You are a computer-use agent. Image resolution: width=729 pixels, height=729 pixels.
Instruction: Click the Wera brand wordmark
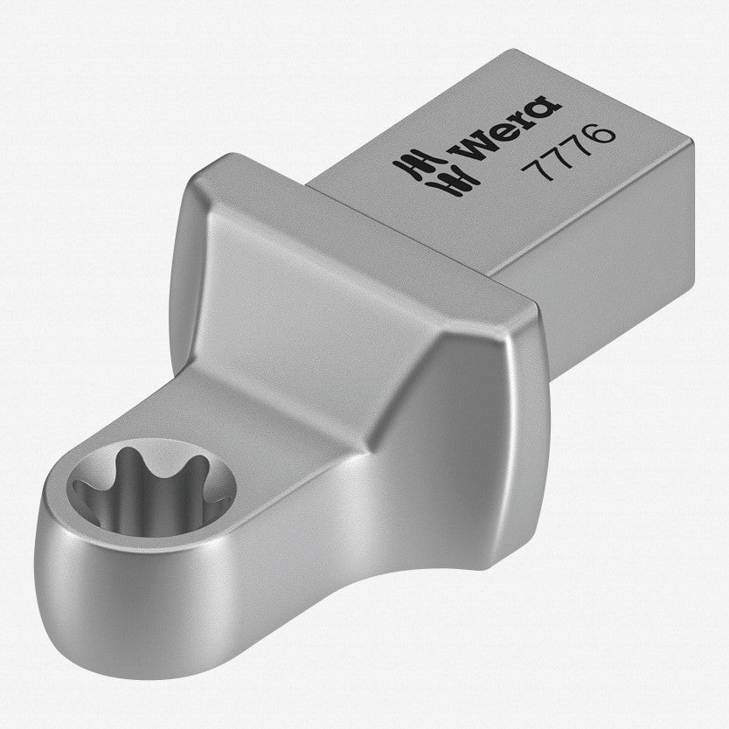[508, 131]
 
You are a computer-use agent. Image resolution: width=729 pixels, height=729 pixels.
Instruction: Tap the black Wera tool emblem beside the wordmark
[435, 173]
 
